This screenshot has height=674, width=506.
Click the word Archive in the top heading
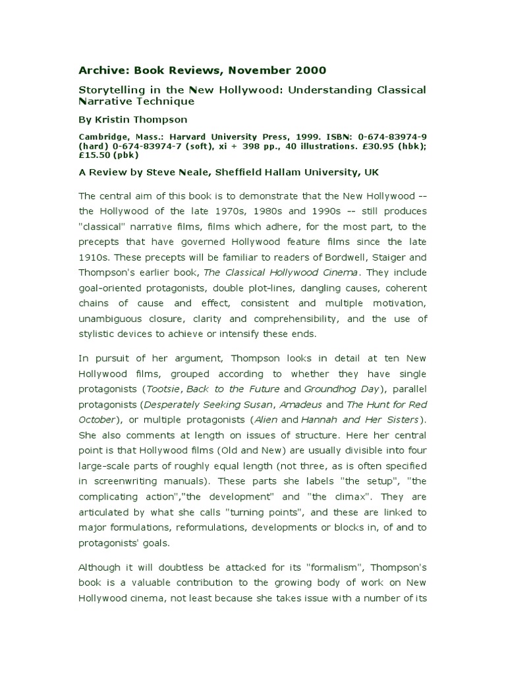point(101,70)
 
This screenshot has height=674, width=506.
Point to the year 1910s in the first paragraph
point(94,242)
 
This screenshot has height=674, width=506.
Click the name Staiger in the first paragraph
point(377,242)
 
